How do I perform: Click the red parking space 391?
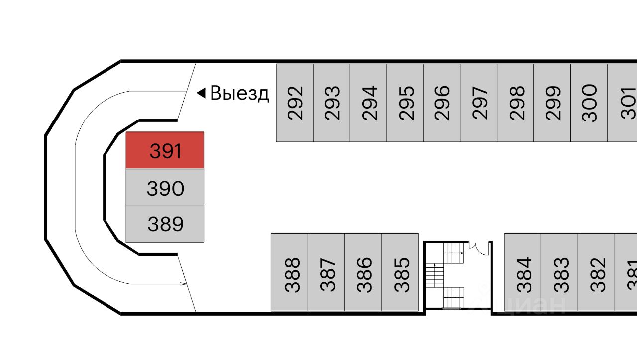(165, 150)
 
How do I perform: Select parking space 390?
(165, 188)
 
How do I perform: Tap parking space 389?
(165, 224)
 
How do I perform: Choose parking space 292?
(295, 103)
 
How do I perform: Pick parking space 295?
(405, 103)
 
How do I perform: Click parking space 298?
(516, 103)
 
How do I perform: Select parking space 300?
(589, 103)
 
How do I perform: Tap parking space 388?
(290, 272)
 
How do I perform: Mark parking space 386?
(363, 272)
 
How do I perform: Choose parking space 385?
(400, 272)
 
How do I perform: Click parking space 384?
(523, 272)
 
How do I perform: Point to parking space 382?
(596, 272)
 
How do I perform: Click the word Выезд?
(239, 93)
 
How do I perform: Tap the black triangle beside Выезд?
(201, 93)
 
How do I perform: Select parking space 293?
(332, 103)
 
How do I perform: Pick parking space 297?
(479, 103)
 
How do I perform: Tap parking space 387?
(326, 272)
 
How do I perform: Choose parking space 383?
(559, 272)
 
